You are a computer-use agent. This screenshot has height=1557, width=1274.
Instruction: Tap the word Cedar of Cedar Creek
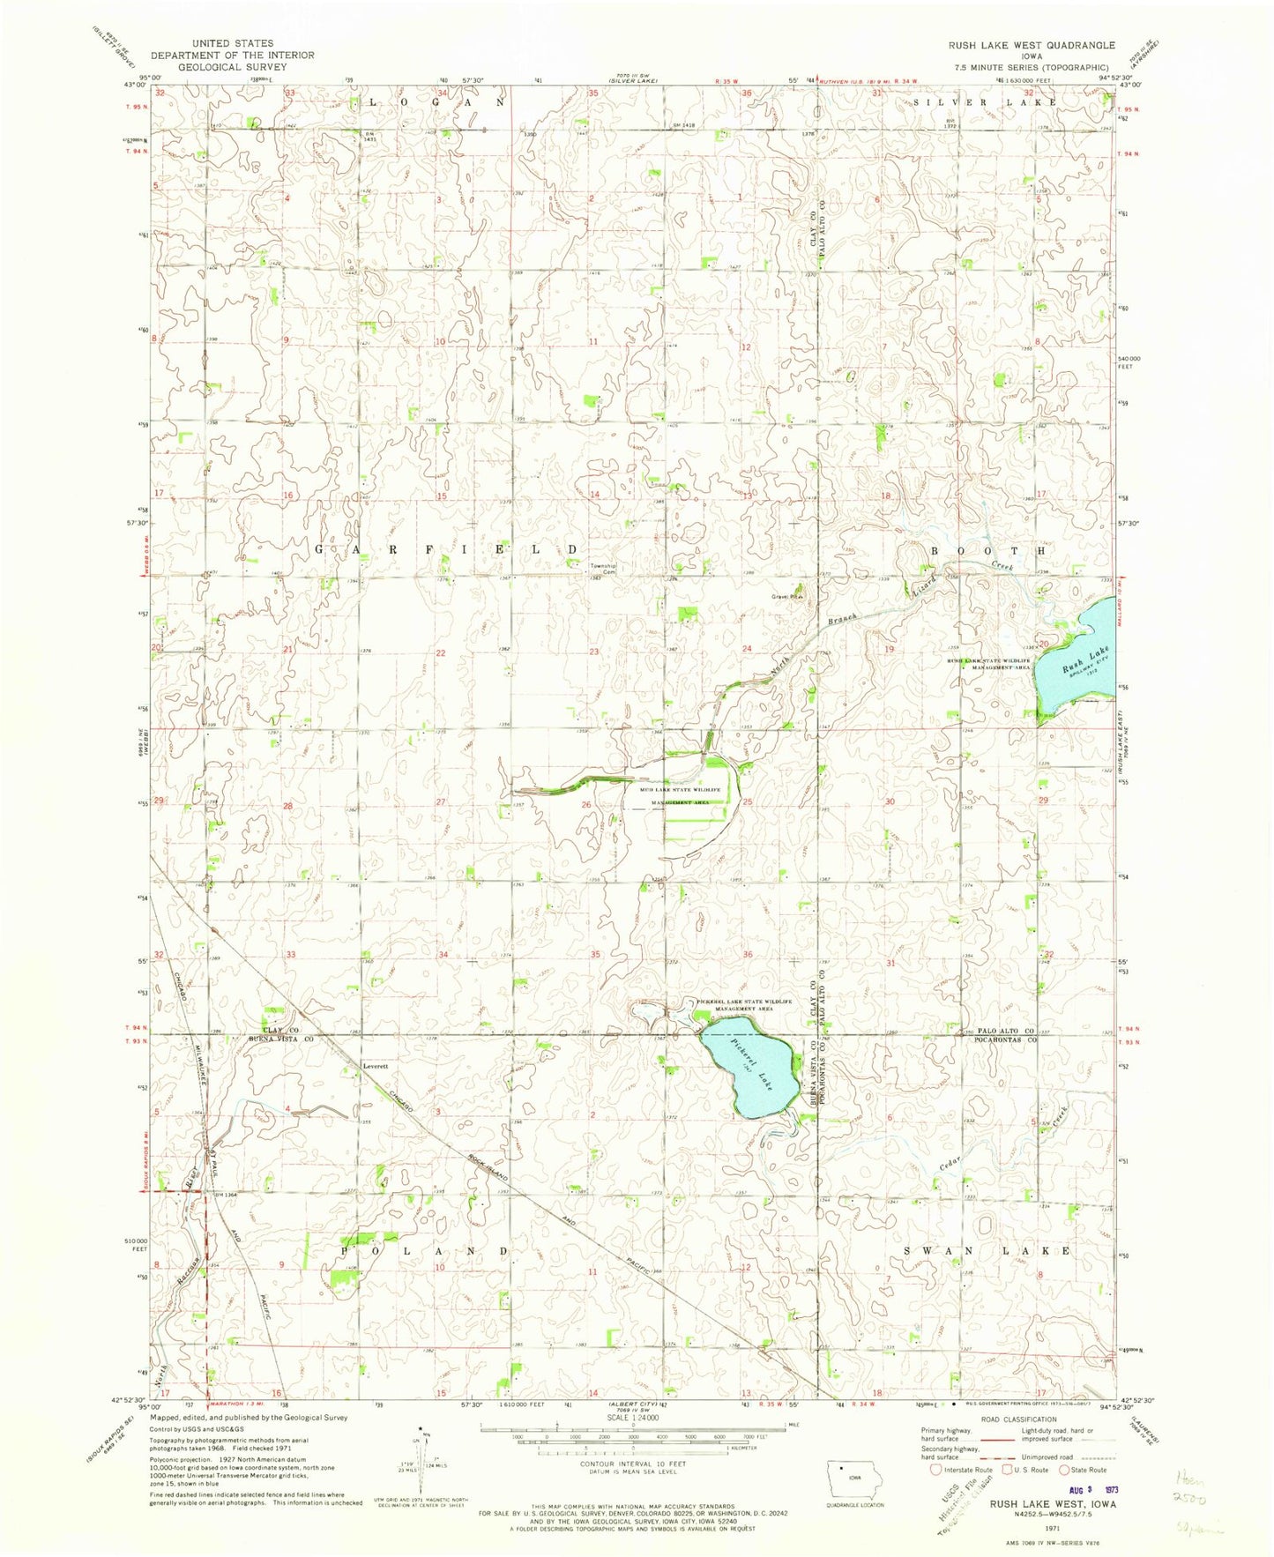pos(950,1164)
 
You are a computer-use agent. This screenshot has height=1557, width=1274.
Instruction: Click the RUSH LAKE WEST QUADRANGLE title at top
pos(1031,45)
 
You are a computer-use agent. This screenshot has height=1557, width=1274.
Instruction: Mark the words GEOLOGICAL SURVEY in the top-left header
pos(232,67)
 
